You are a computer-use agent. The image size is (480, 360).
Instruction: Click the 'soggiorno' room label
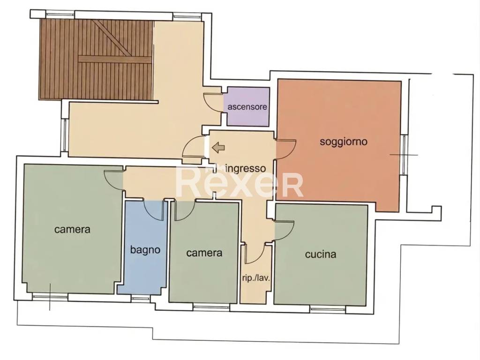(344, 142)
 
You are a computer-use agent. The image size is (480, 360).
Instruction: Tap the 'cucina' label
(321, 254)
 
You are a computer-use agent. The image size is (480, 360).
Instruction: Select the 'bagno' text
(145, 250)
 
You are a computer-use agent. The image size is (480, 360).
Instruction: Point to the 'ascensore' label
(247, 107)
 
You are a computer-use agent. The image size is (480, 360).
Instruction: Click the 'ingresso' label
(245, 168)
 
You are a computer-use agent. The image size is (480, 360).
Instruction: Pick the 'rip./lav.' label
(255, 278)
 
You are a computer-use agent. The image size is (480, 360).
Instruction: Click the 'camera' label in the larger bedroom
(72, 229)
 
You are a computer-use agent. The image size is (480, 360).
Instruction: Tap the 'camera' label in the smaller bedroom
(204, 253)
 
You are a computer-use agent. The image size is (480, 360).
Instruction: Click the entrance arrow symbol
(218, 148)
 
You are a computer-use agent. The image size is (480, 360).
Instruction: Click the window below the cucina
(328, 309)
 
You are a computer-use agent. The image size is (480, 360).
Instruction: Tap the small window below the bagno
(141, 299)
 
